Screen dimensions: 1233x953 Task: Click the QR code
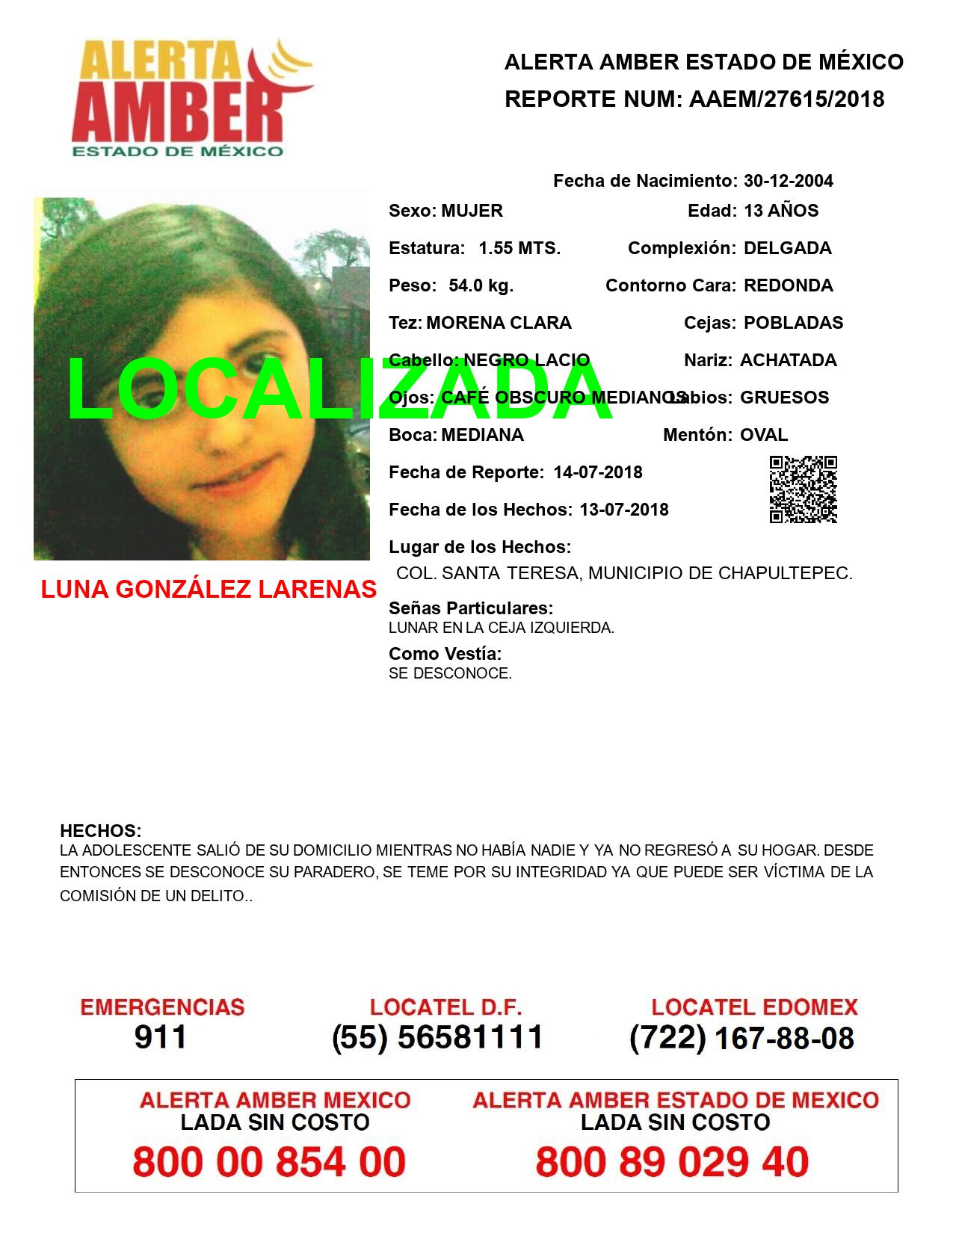tap(803, 489)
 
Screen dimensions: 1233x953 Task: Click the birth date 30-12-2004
tap(789, 181)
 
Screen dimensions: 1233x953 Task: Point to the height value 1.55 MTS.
tap(519, 248)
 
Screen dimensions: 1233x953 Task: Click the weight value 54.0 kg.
tap(481, 285)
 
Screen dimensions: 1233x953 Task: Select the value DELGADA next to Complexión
tap(787, 248)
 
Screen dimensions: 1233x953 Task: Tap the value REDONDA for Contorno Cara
tap(789, 285)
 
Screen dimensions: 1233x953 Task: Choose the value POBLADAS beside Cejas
tap(793, 323)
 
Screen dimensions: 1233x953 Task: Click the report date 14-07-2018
tap(598, 472)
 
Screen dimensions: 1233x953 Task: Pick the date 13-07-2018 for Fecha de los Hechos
tap(624, 510)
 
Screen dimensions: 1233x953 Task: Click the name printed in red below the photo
tap(209, 590)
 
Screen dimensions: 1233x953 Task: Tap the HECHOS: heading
tap(100, 831)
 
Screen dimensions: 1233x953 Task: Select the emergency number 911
tap(161, 1037)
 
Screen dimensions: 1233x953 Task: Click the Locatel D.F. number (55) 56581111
tap(437, 1037)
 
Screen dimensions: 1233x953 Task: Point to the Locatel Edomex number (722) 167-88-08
tap(741, 1037)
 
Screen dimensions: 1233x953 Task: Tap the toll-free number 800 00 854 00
tap(269, 1162)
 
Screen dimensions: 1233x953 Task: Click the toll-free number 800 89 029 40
tap(672, 1162)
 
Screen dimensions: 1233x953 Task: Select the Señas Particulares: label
tap(471, 608)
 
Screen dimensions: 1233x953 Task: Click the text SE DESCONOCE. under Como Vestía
tap(450, 673)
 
